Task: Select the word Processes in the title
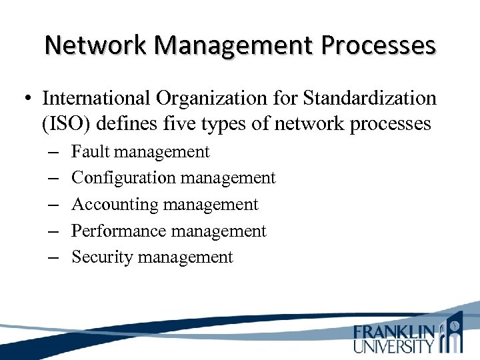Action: tap(378, 45)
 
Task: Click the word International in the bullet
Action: tap(97, 99)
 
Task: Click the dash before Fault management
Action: tap(53, 153)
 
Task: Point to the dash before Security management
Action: tap(53, 258)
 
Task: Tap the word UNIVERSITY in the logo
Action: tap(393, 346)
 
